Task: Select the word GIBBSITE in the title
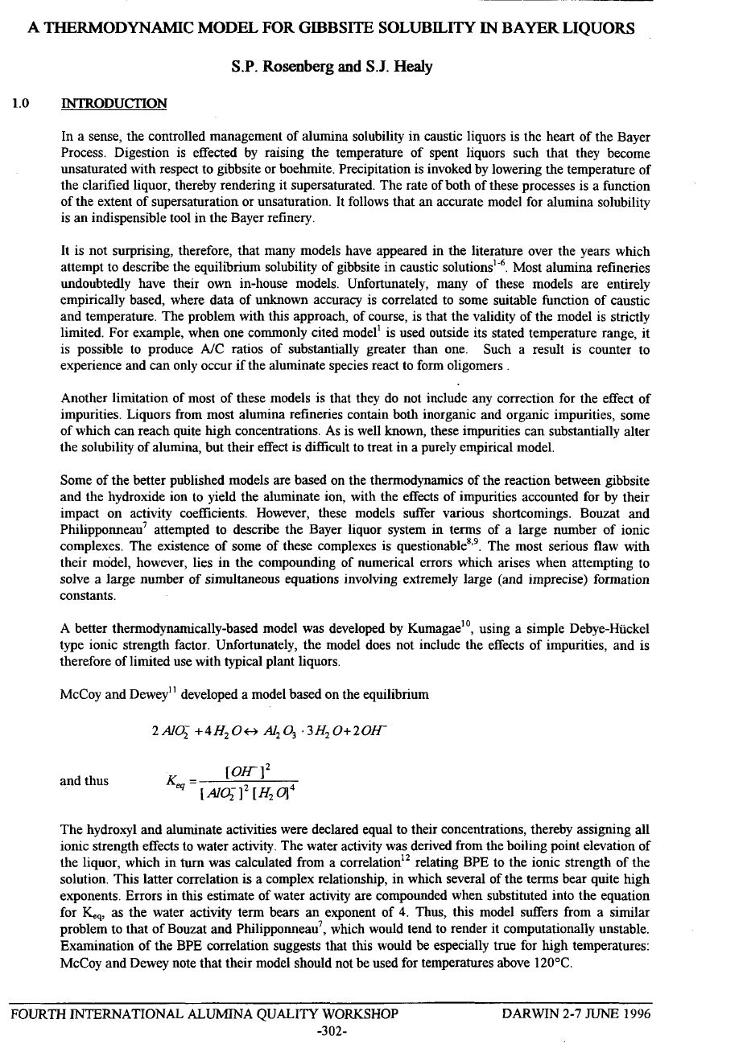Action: pyautogui.click(x=330, y=29)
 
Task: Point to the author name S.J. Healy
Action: pyautogui.click(x=398, y=67)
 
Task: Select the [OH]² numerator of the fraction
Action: pyautogui.click(x=245, y=770)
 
